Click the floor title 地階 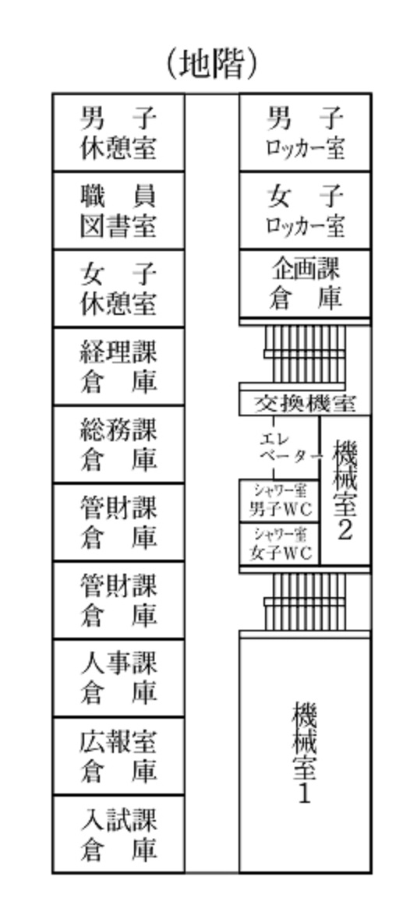pos(212,64)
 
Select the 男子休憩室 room pos(118,133)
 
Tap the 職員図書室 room pos(118,210)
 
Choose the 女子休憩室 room pos(118,288)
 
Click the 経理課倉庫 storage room pos(118,366)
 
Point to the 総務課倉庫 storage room pos(118,444)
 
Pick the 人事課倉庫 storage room pos(118,678)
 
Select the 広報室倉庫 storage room pos(118,756)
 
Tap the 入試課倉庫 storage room pos(118,834)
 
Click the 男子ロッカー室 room pos(306,133)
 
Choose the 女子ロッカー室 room pos(306,210)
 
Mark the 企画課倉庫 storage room pos(306,284)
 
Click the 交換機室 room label pos(305,403)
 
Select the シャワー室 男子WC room pos(280,500)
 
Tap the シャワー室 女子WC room pos(280,544)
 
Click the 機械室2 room pos(345,490)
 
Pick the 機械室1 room pos(306,755)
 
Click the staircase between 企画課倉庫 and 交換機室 pos(305,354)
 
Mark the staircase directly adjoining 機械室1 pos(305,602)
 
